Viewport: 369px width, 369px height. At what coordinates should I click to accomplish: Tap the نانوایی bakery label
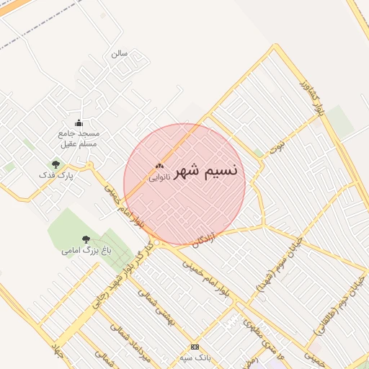pos(159,177)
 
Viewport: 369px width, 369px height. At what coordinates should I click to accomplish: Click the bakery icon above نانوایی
pos(159,166)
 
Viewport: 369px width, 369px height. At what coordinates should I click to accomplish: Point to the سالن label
pos(119,53)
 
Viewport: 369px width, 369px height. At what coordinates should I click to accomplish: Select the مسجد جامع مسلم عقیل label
pos(79,138)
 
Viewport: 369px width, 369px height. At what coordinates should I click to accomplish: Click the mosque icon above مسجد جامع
pos(79,123)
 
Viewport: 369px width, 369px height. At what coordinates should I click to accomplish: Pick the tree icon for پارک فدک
pos(55,165)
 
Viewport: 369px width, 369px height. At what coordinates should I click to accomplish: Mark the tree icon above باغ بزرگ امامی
pos(86,239)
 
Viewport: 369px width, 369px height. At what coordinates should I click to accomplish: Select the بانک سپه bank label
pos(195,357)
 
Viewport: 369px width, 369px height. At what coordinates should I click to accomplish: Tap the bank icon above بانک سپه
pos(195,347)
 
